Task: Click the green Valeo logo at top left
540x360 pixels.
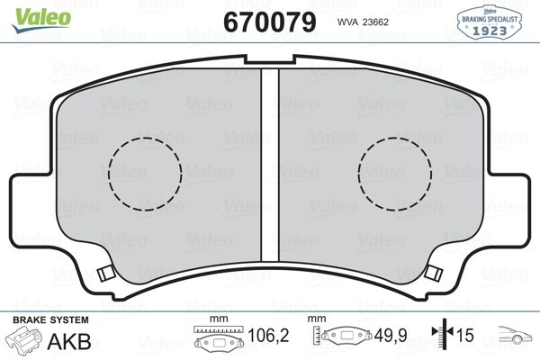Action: pyautogui.click(x=41, y=20)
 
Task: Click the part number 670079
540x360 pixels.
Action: pyautogui.click(x=270, y=22)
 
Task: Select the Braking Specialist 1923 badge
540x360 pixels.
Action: pyautogui.click(x=490, y=22)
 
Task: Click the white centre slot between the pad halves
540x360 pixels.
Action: pyautogui.click(x=270, y=165)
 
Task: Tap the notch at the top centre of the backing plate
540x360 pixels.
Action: pyautogui.click(x=270, y=59)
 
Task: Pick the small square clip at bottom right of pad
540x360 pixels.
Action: pyautogui.click(x=433, y=273)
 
